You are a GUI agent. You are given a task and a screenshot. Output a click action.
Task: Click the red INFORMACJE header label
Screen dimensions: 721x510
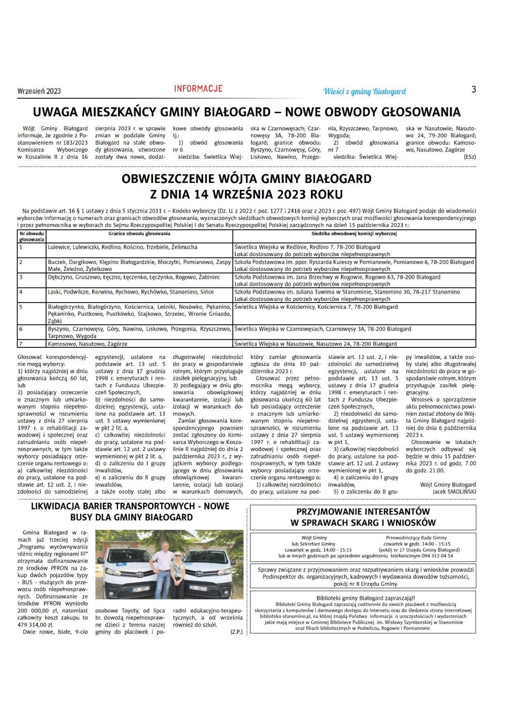tap(198, 89)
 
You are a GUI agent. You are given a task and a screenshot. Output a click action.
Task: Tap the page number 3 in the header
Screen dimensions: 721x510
tap(474, 89)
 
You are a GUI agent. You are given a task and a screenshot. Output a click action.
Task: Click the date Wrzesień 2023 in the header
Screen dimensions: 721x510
tap(39, 91)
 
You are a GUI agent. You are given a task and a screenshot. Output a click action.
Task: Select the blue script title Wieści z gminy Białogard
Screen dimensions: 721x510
tap(364, 92)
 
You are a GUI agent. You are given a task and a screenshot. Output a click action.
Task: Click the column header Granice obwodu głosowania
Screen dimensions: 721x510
tap(139, 234)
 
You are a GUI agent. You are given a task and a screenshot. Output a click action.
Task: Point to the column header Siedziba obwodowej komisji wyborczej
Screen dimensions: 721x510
tap(354, 234)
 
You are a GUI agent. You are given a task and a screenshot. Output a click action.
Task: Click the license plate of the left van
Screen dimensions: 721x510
tap(140, 589)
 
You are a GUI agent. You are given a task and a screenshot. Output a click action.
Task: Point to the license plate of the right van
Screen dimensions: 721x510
tap(198, 588)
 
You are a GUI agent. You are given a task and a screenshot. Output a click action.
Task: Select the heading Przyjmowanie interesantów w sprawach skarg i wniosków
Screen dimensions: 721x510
tap(362, 517)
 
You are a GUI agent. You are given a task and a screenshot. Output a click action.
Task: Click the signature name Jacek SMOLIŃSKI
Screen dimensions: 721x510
tap(454, 492)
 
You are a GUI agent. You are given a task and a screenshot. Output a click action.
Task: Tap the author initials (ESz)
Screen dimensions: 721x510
tap(470, 157)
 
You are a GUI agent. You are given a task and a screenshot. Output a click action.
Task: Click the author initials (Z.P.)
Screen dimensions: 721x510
tap(236, 632)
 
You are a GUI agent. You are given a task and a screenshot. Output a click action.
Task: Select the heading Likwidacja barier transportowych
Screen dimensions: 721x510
tap(130, 512)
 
